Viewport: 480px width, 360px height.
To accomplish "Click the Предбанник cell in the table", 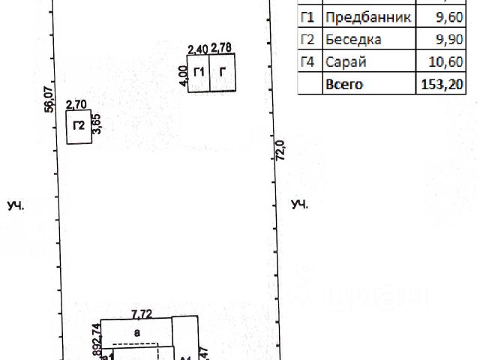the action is pos(367,16).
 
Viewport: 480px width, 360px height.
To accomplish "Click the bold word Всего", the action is pos(343,83).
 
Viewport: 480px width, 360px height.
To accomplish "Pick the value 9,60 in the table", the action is pos(445,16).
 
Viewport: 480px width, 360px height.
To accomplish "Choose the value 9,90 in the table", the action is pos(445,39).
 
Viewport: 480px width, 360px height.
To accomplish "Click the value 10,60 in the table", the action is pos(442,61).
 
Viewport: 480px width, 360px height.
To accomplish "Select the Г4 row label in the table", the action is pos(307,61).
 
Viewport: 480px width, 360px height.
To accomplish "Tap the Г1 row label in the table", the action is pos(307,16).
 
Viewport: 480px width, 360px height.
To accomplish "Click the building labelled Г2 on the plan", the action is pos(79,127).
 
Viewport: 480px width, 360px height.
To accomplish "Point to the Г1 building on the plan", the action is pos(199,73).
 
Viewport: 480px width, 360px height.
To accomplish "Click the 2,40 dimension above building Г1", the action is pos(198,49).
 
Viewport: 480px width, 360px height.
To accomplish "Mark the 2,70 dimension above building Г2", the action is pos(77,106).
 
